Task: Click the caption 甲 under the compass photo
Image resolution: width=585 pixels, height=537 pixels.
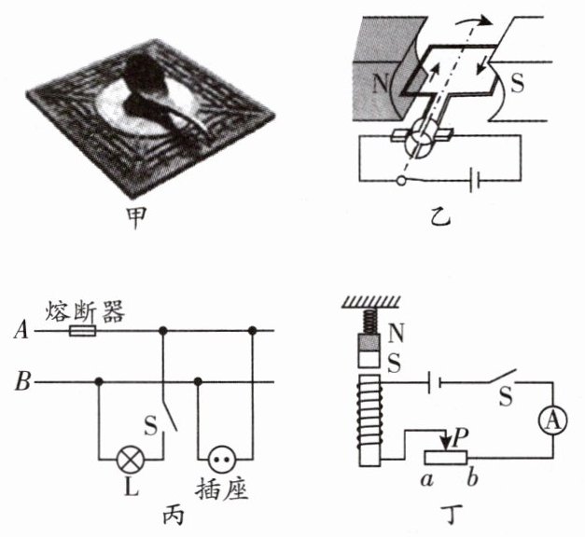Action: (145, 221)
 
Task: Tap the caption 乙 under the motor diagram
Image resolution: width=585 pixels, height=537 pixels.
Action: (439, 220)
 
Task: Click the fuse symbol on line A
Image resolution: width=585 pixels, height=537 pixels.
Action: (82, 330)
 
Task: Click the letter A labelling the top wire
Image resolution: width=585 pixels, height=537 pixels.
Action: (20, 330)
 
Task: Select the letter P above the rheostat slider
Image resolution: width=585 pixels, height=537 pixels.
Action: (460, 436)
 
